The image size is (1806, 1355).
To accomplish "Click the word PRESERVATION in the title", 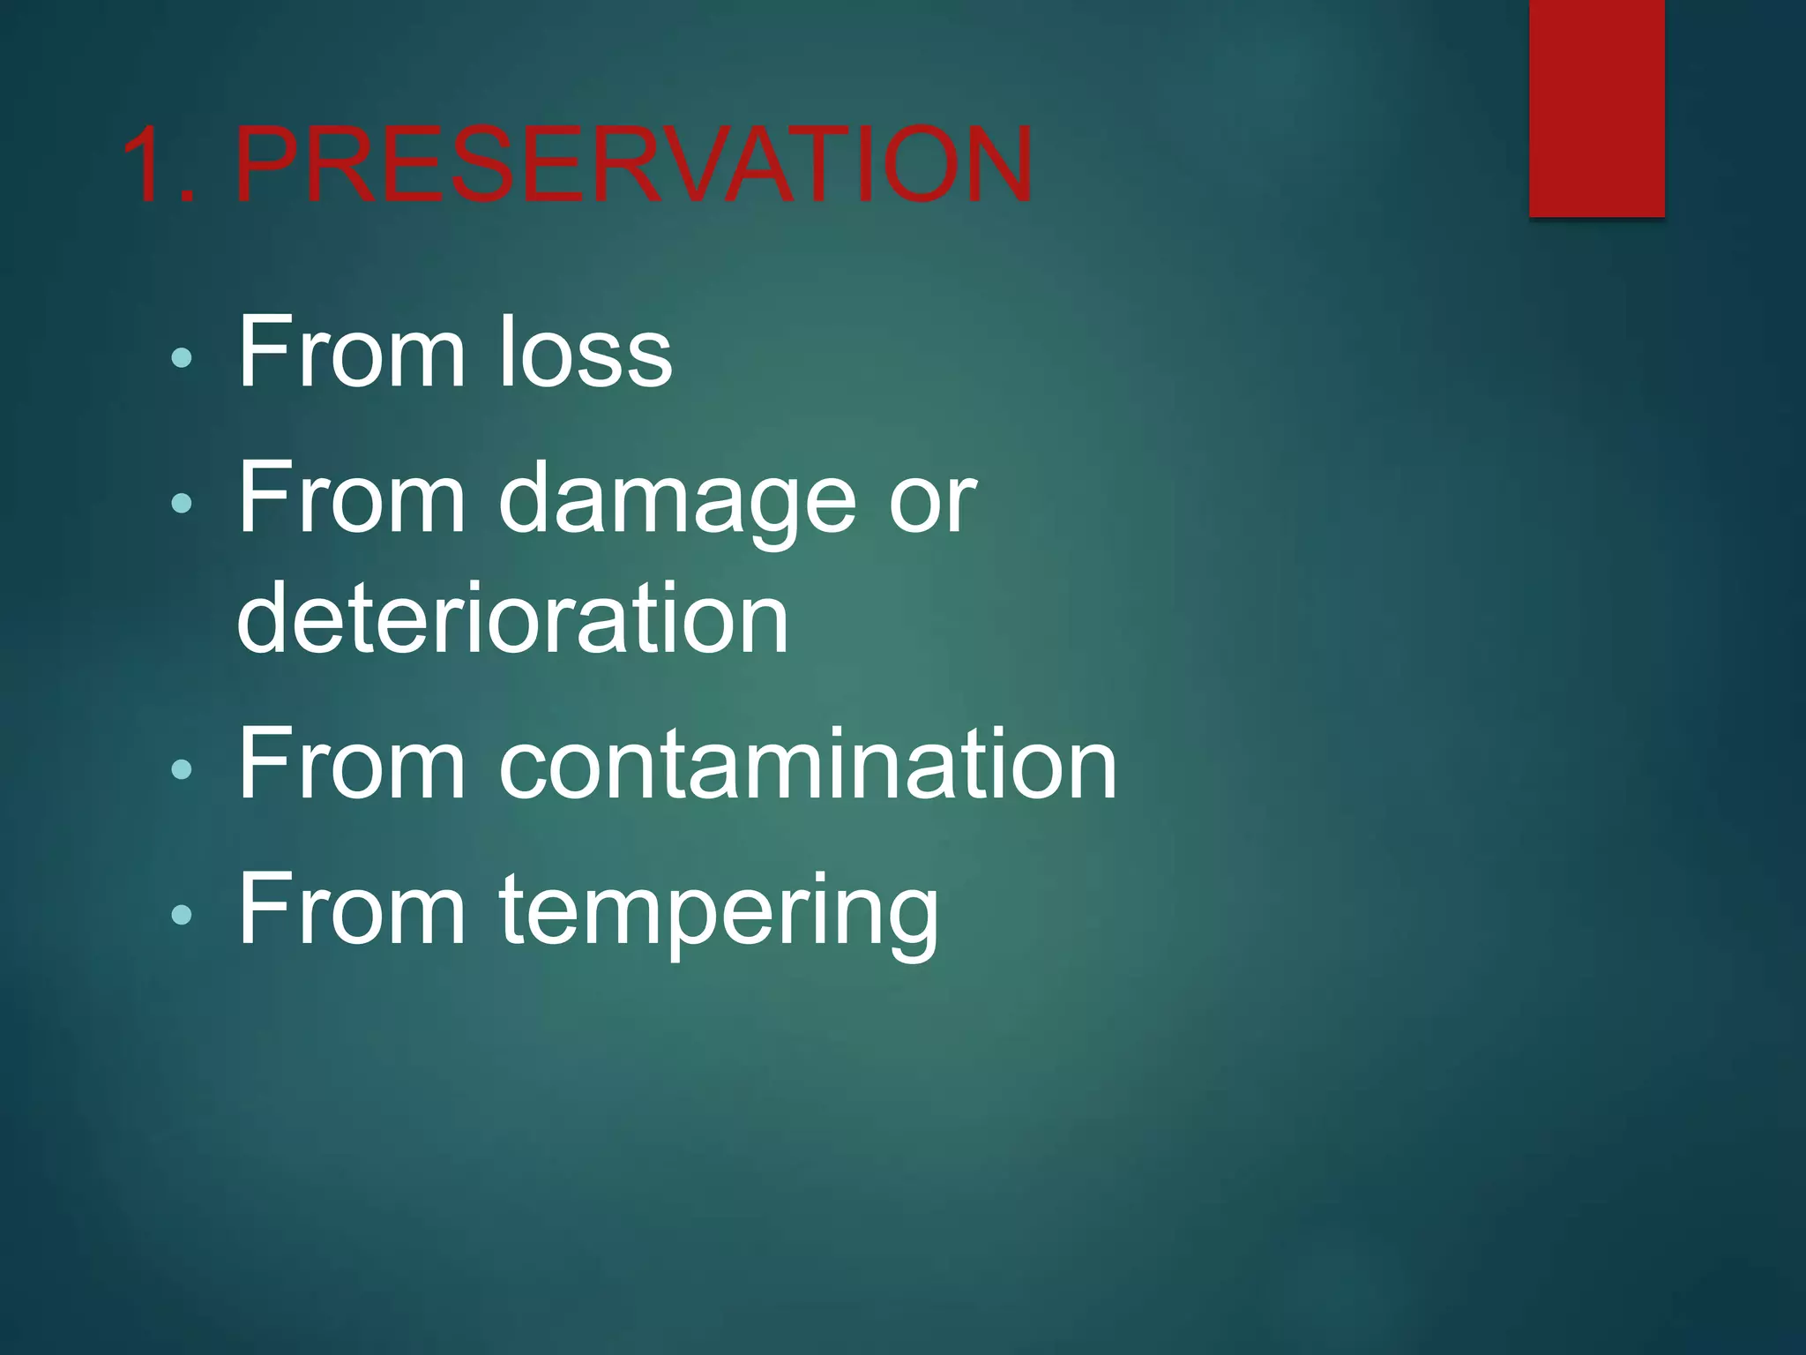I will tap(633, 164).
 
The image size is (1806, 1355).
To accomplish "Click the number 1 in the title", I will tap(148, 164).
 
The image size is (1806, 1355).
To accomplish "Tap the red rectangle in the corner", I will tap(1596, 108).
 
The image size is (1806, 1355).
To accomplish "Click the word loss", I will tap(586, 352).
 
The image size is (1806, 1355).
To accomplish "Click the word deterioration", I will tap(512, 618).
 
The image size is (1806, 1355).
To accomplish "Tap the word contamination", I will tap(808, 764).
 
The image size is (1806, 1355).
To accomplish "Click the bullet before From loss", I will tap(182, 357).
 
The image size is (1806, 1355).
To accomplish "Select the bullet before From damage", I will tap(182, 504).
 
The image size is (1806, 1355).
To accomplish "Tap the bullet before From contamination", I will tap(182, 768).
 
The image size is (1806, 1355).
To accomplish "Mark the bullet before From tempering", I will tap(182, 915).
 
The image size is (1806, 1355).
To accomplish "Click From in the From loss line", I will tap(351, 352).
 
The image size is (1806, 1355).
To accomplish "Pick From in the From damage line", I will tap(351, 499).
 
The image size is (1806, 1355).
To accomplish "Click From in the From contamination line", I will tap(351, 764).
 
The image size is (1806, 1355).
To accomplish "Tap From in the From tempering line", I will tap(351, 910).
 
